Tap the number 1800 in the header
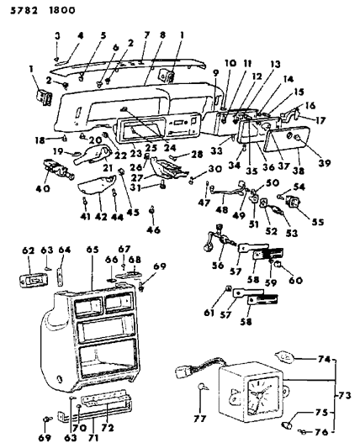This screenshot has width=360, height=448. coord(51,11)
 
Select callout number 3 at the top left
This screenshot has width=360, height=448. coord(57,34)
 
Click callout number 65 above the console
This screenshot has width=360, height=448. coord(90,250)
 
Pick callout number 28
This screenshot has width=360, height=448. coord(199,155)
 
